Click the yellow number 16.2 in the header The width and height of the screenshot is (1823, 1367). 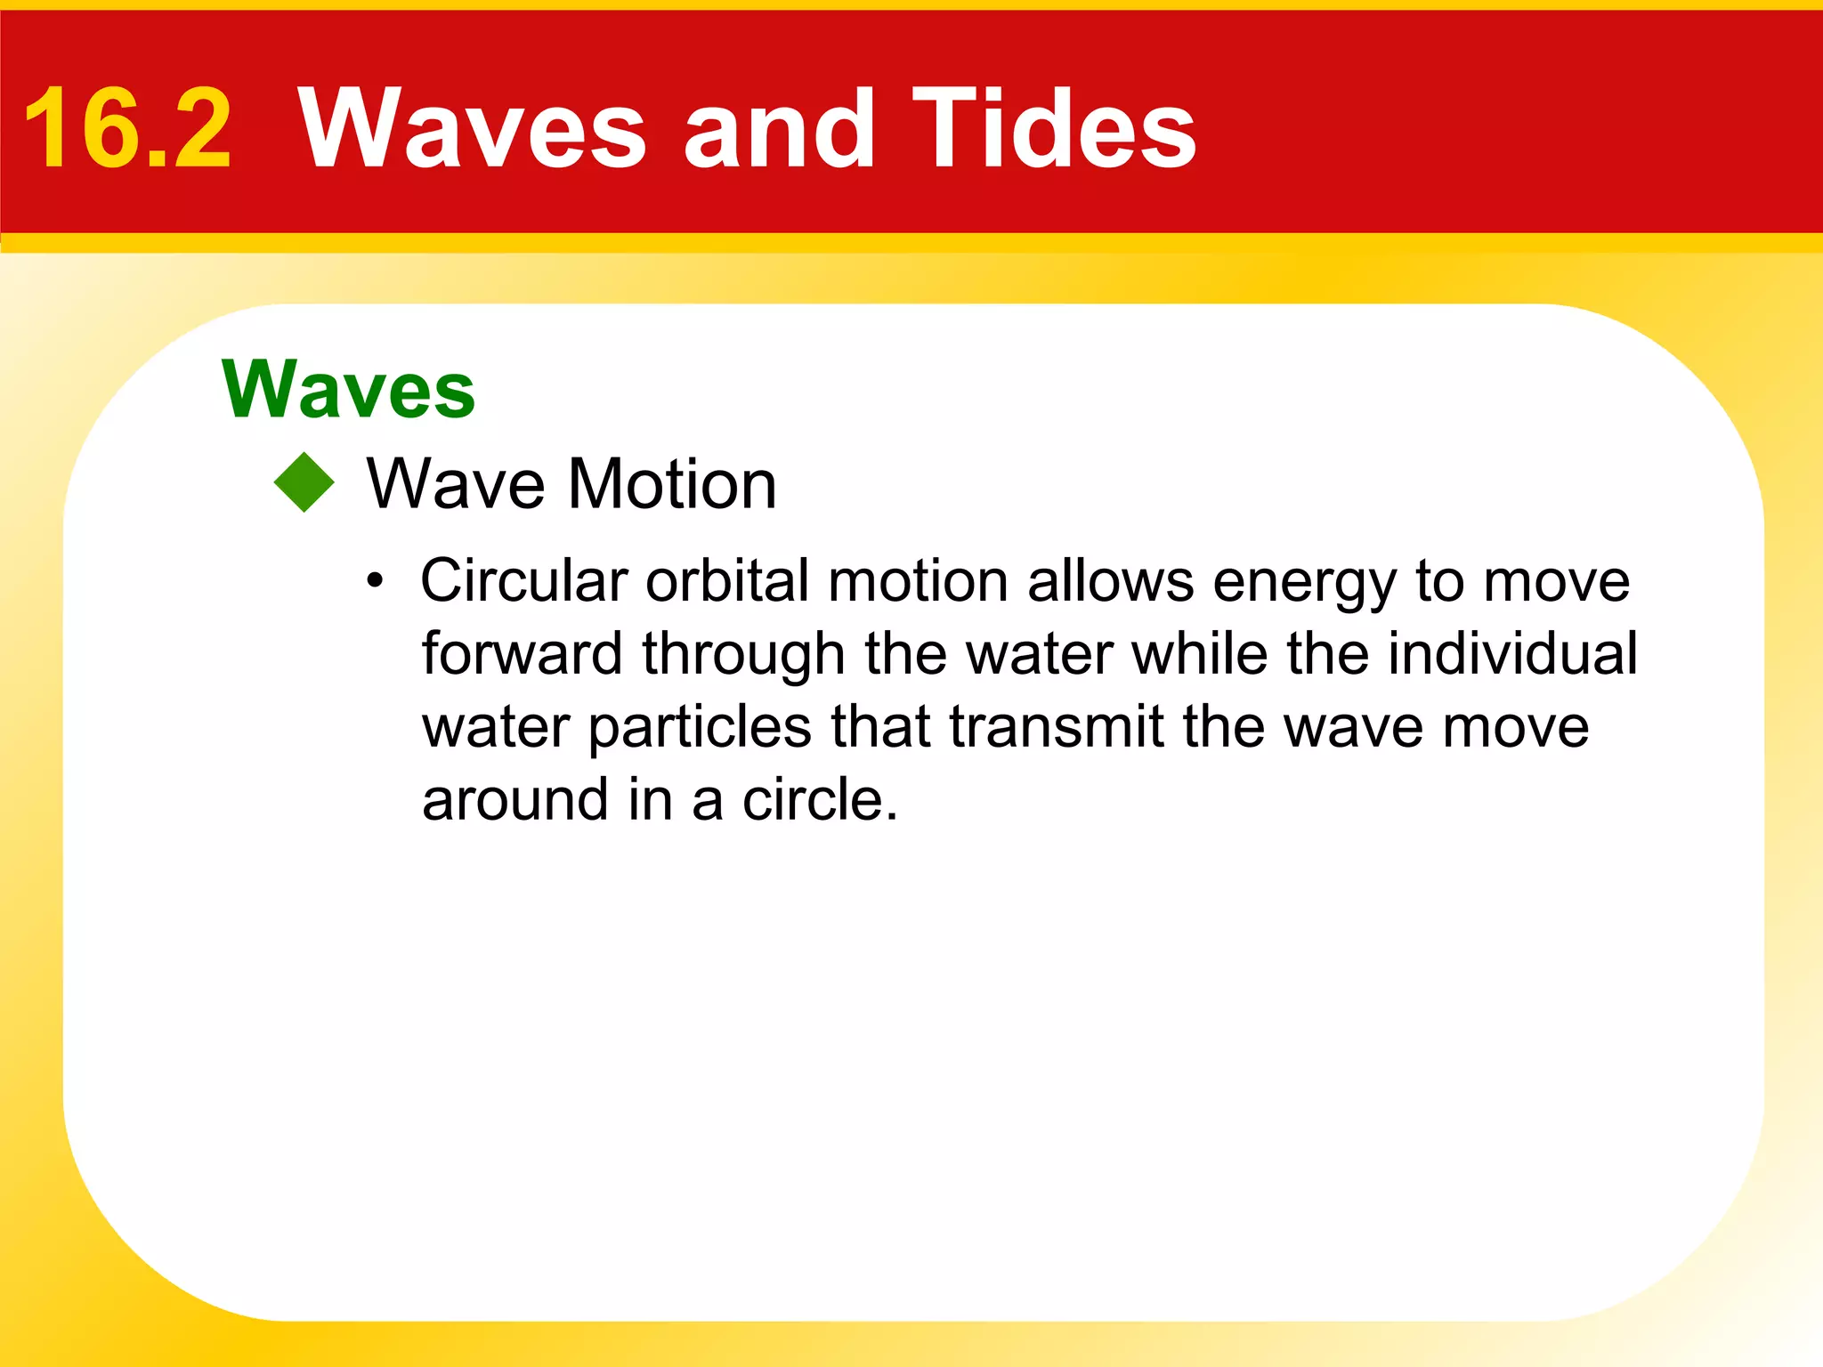coord(127,129)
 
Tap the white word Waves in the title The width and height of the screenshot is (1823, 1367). coord(472,129)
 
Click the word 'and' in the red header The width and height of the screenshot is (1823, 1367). coord(779,129)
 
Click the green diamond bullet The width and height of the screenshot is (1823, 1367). coord(304,483)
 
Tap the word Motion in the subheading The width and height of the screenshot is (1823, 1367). coord(672,485)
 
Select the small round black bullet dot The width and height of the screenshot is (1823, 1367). coord(376,582)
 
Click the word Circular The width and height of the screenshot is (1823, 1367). coord(524,581)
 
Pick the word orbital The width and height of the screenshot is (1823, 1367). coord(727,581)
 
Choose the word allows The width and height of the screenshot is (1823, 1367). coord(1111,581)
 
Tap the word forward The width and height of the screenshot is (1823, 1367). coord(522,654)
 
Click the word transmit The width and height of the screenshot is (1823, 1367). coord(1057,727)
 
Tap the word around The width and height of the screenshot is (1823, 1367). coord(514,800)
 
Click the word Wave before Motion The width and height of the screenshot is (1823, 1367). coord(456,485)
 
